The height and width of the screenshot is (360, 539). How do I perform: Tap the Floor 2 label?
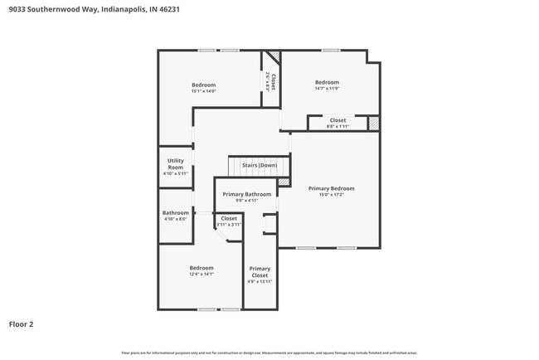(x=21, y=324)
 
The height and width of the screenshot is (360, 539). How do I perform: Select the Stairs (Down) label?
(x=260, y=165)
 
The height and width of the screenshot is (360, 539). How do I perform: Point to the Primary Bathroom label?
(x=246, y=194)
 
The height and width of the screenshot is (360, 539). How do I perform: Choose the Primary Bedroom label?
(x=331, y=188)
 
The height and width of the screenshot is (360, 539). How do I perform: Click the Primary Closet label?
(x=260, y=272)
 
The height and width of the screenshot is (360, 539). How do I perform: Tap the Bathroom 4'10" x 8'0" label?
(x=176, y=212)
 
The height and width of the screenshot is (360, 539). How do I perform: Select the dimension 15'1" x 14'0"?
(x=203, y=91)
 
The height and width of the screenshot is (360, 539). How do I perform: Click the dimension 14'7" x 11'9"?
(x=327, y=89)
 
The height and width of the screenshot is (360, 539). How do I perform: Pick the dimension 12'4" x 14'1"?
(x=202, y=274)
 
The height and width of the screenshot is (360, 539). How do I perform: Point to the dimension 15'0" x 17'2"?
(x=331, y=195)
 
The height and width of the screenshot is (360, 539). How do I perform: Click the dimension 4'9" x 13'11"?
(x=260, y=282)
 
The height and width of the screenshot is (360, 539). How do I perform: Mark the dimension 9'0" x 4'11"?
(x=246, y=200)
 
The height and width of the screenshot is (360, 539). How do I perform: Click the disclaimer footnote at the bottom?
(x=269, y=353)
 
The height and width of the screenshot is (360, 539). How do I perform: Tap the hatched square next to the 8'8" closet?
(x=374, y=123)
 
